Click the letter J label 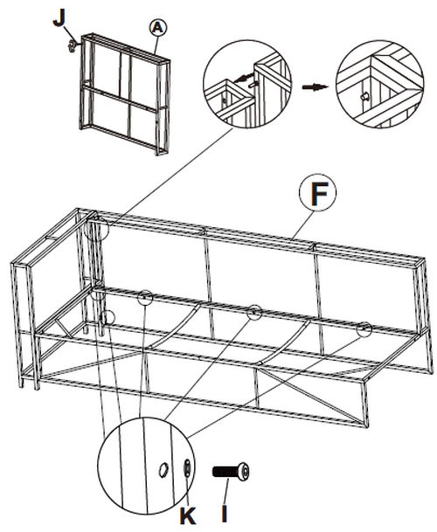pyautogui.click(x=59, y=19)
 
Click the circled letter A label pyautogui.click(x=158, y=28)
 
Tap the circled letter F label pyautogui.click(x=318, y=192)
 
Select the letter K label pyautogui.click(x=188, y=516)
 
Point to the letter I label pyautogui.click(x=225, y=514)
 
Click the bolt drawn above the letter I pyautogui.click(x=231, y=473)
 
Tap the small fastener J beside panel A pyautogui.click(x=72, y=45)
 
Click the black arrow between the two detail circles pyautogui.click(x=315, y=87)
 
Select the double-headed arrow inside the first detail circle pyautogui.click(x=244, y=78)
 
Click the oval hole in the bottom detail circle pyautogui.click(x=163, y=470)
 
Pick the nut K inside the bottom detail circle pyautogui.click(x=187, y=468)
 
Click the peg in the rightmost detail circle pyautogui.click(x=364, y=97)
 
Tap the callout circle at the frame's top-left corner pyautogui.click(x=97, y=229)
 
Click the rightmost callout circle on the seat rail pyautogui.click(x=364, y=329)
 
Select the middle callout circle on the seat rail pyautogui.click(x=254, y=312)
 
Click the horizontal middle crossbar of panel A pyautogui.click(x=120, y=98)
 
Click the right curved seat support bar pyautogui.click(x=285, y=342)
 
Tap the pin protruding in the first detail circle pyautogui.click(x=253, y=85)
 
